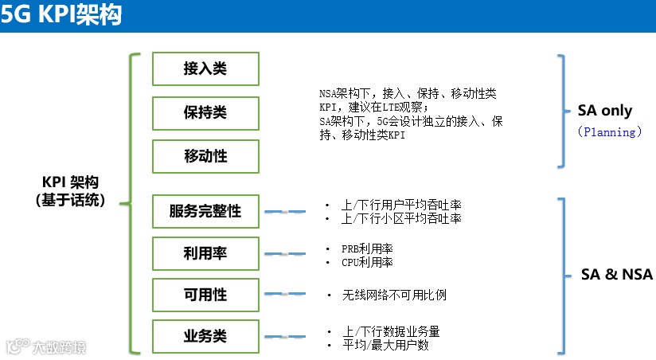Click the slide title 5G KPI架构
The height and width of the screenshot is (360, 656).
click(62, 16)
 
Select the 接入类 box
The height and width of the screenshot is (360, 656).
click(205, 68)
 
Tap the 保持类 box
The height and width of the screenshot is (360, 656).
click(205, 112)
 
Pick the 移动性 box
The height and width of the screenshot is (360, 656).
click(205, 156)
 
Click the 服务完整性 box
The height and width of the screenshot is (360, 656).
click(205, 212)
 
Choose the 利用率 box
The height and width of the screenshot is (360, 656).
click(205, 253)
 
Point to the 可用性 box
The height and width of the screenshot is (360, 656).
click(205, 295)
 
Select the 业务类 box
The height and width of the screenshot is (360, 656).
click(205, 336)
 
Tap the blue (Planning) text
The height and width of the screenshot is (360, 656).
click(610, 132)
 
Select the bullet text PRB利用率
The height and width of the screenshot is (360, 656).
click(367, 248)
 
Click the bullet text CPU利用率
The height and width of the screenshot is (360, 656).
click(367, 261)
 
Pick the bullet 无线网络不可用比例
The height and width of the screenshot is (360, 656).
click(393, 295)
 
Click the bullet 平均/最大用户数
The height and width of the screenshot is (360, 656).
click(385, 345)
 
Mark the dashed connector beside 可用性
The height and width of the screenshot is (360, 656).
click(284, 295)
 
